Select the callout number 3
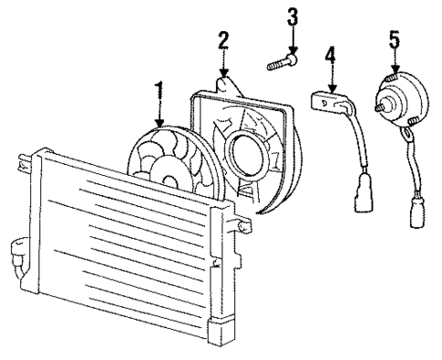tap(293, 17)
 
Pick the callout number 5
tap(395, 41)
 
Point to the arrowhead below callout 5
tap(395, 70)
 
